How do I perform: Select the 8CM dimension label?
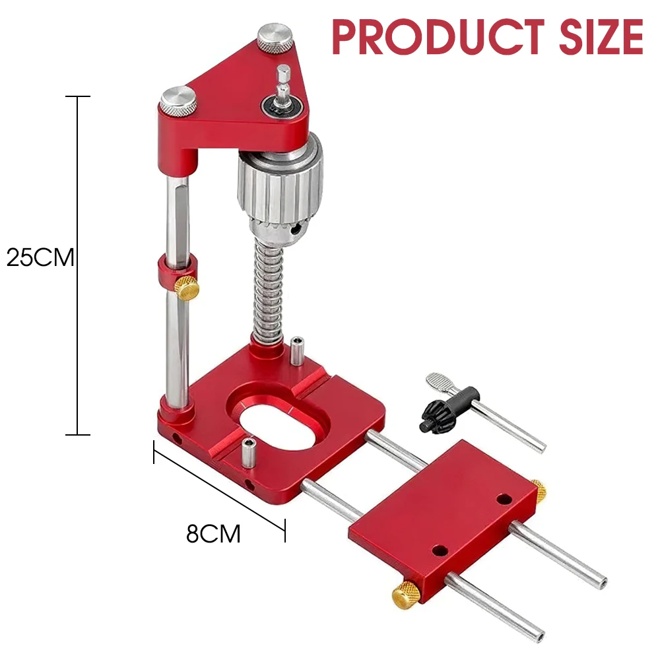[213, 533]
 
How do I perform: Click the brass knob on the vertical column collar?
[187, 288]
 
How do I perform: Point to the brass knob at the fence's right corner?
[539, 490]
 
